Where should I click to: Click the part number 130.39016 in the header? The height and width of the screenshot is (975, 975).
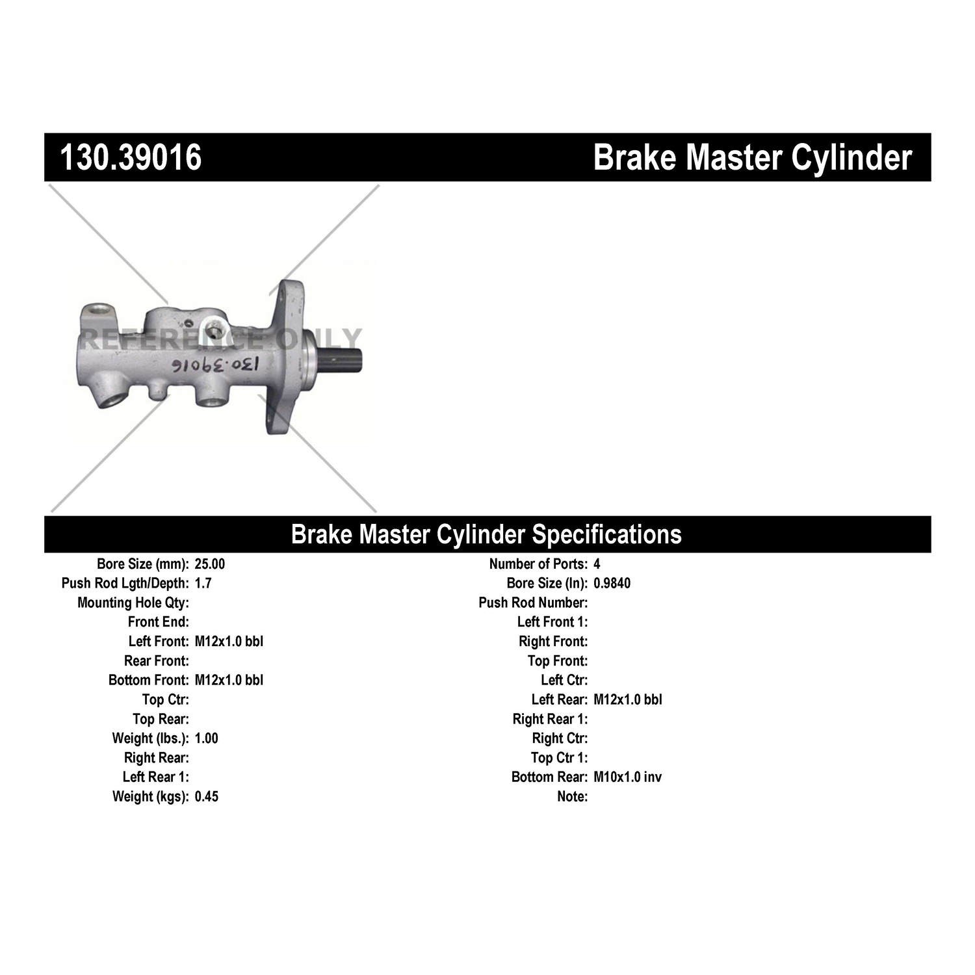(131, 157)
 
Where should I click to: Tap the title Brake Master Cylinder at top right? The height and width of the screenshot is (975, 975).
(753, 157)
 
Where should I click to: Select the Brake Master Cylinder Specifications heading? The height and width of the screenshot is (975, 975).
(486, 534)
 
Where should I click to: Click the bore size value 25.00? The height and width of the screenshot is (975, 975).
(209, 564)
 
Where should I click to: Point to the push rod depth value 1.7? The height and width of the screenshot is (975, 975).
(203, 583)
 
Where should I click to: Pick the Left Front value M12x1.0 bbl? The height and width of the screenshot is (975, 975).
(229, 642)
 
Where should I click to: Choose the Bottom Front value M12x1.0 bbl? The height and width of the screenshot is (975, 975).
(229, 681)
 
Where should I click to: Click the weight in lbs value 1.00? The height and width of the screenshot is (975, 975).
(206, 738)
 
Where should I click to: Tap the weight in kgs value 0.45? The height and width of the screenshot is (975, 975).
(206, 797)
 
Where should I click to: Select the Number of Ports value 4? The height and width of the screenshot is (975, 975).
(597, 564)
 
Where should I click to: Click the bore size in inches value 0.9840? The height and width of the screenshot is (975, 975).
(612, 583)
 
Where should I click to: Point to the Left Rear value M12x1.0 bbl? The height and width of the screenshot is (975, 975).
(628, 699)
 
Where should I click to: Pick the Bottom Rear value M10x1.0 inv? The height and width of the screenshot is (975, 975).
(627, 777)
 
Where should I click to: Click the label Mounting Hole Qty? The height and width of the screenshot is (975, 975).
(133, 603)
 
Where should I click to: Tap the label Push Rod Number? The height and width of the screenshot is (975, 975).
(533, 603)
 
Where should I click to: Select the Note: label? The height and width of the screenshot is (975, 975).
(572, 797)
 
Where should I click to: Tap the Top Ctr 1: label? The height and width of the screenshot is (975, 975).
(559, 758)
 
